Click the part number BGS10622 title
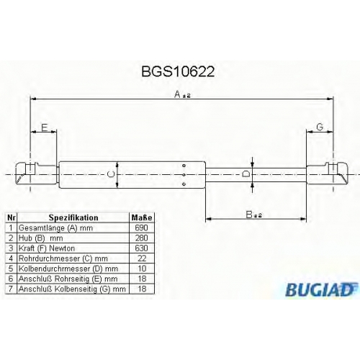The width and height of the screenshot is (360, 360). pyautogui.click(x=178, y=71)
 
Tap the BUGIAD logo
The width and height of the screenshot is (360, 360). pyautogui.click(x=321, y=289)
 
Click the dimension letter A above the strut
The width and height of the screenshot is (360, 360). pyautogui.click(x=178, y=94)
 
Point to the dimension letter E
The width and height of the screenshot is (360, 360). pyautogui.click(x=45, y=127)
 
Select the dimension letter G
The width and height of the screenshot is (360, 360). pyautogui.click(x=320, y=127)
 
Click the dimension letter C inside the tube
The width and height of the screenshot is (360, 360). pyautogui.click(x=111, y=175)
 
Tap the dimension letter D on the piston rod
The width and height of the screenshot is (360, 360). pyautogui.click(x=246, y=174)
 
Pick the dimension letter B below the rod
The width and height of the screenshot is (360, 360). pyautogui.click(x=249, y=215)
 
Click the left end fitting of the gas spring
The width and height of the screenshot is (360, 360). pyautogui.click(x=37, y=174)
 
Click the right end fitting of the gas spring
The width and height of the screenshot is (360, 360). pyautogui.click(x=327, y=174)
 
